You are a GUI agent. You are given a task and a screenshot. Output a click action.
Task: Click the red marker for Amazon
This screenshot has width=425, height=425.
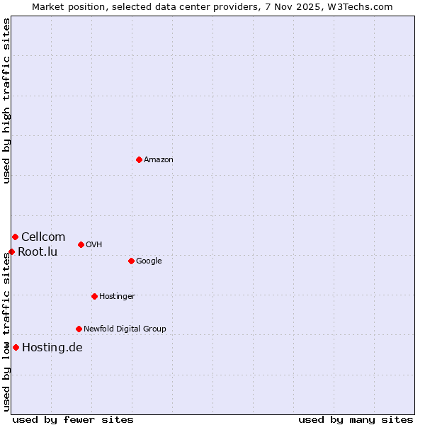coord(139,159)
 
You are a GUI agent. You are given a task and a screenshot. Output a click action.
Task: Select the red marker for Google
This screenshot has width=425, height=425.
coord(131,261)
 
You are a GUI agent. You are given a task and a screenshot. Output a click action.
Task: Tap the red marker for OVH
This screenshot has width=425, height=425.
coord(81,244)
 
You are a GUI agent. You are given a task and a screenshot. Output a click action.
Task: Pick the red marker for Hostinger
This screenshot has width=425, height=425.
coord(94,296)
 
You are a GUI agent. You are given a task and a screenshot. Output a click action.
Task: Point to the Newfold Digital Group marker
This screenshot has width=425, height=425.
coord(79,329)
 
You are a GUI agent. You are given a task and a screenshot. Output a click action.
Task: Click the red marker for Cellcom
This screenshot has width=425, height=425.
coord(15,237)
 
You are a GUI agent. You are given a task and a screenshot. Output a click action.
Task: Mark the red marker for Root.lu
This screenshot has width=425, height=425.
coord(11,251)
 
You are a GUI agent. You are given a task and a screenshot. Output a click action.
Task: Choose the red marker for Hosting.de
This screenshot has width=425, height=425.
coord(16,347)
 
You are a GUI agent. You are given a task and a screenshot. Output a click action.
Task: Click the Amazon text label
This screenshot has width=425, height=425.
coord(159,160)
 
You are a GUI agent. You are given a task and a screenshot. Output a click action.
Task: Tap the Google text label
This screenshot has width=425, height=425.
coord(149,261)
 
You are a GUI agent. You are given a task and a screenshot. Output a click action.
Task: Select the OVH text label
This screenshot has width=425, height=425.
coord(94,245)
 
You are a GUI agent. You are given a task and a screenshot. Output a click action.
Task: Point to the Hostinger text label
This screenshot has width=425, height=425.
coord(117,297)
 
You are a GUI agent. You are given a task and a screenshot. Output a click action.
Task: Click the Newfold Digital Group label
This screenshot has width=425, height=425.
coord(125,329)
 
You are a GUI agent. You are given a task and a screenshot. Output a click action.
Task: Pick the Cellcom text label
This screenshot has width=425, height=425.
coord(43,237)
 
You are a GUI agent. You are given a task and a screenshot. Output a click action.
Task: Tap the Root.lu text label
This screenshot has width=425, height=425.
coord(38,252)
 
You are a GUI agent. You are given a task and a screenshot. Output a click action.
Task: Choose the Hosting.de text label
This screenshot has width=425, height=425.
coord(52,348)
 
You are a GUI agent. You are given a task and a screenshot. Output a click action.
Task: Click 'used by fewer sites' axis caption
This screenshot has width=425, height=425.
coord(73,419)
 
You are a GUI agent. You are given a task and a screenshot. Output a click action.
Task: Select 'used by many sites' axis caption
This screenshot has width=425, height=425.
coord(356,419)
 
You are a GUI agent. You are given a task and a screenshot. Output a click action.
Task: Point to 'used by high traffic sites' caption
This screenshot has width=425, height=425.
coord(6,101)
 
